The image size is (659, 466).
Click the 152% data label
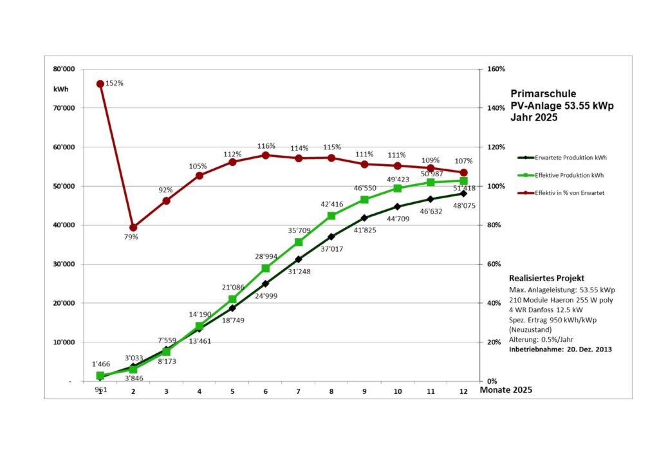114,84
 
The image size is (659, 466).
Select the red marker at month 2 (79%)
133,227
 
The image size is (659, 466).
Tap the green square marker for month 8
331,216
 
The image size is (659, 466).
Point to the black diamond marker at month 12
463,193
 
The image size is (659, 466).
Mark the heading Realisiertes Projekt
546,279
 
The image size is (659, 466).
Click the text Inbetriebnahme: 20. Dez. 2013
560,349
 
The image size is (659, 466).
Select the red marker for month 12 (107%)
463,172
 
